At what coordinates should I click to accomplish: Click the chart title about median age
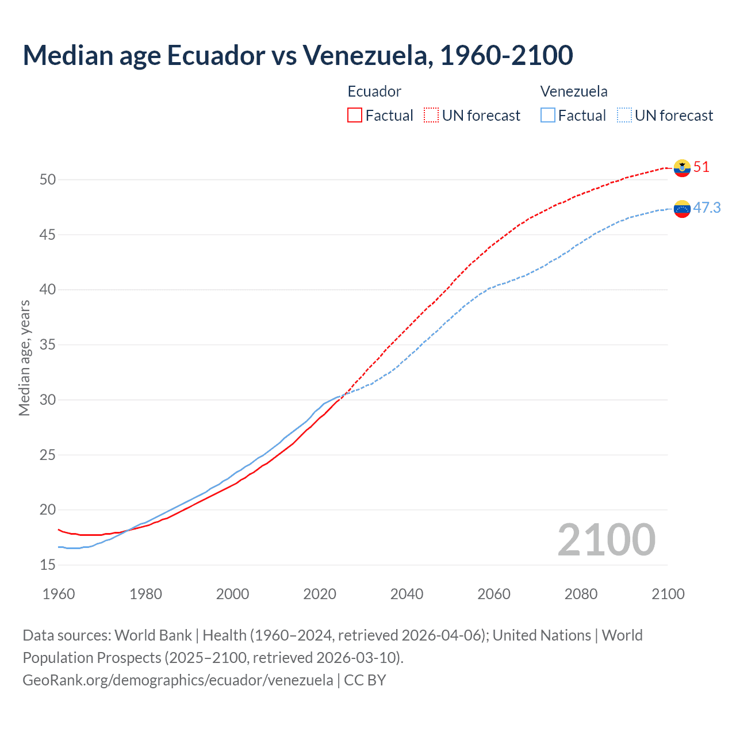298,55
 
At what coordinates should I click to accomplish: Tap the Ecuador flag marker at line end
682,168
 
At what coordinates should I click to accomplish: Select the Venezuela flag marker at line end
682,209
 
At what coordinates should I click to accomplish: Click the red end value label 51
701,167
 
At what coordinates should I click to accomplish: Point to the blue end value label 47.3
707,208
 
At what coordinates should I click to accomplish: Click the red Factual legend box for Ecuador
355,116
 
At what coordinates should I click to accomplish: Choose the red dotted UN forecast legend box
431,116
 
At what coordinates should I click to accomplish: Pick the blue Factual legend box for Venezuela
548,116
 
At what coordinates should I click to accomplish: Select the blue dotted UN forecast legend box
624,116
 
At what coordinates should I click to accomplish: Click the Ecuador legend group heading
374,91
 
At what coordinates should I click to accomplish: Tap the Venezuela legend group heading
574,91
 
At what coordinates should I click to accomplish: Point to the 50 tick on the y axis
48,180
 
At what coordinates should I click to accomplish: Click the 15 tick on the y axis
48,565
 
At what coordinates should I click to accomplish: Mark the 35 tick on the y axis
48,345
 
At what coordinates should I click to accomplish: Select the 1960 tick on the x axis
59,594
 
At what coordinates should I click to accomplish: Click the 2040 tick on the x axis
407,594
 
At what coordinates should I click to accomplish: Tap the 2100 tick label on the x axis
668,594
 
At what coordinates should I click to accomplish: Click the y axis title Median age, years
24,358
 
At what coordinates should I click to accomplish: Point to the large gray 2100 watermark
606,540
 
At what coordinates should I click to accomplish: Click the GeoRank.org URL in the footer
178,680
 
